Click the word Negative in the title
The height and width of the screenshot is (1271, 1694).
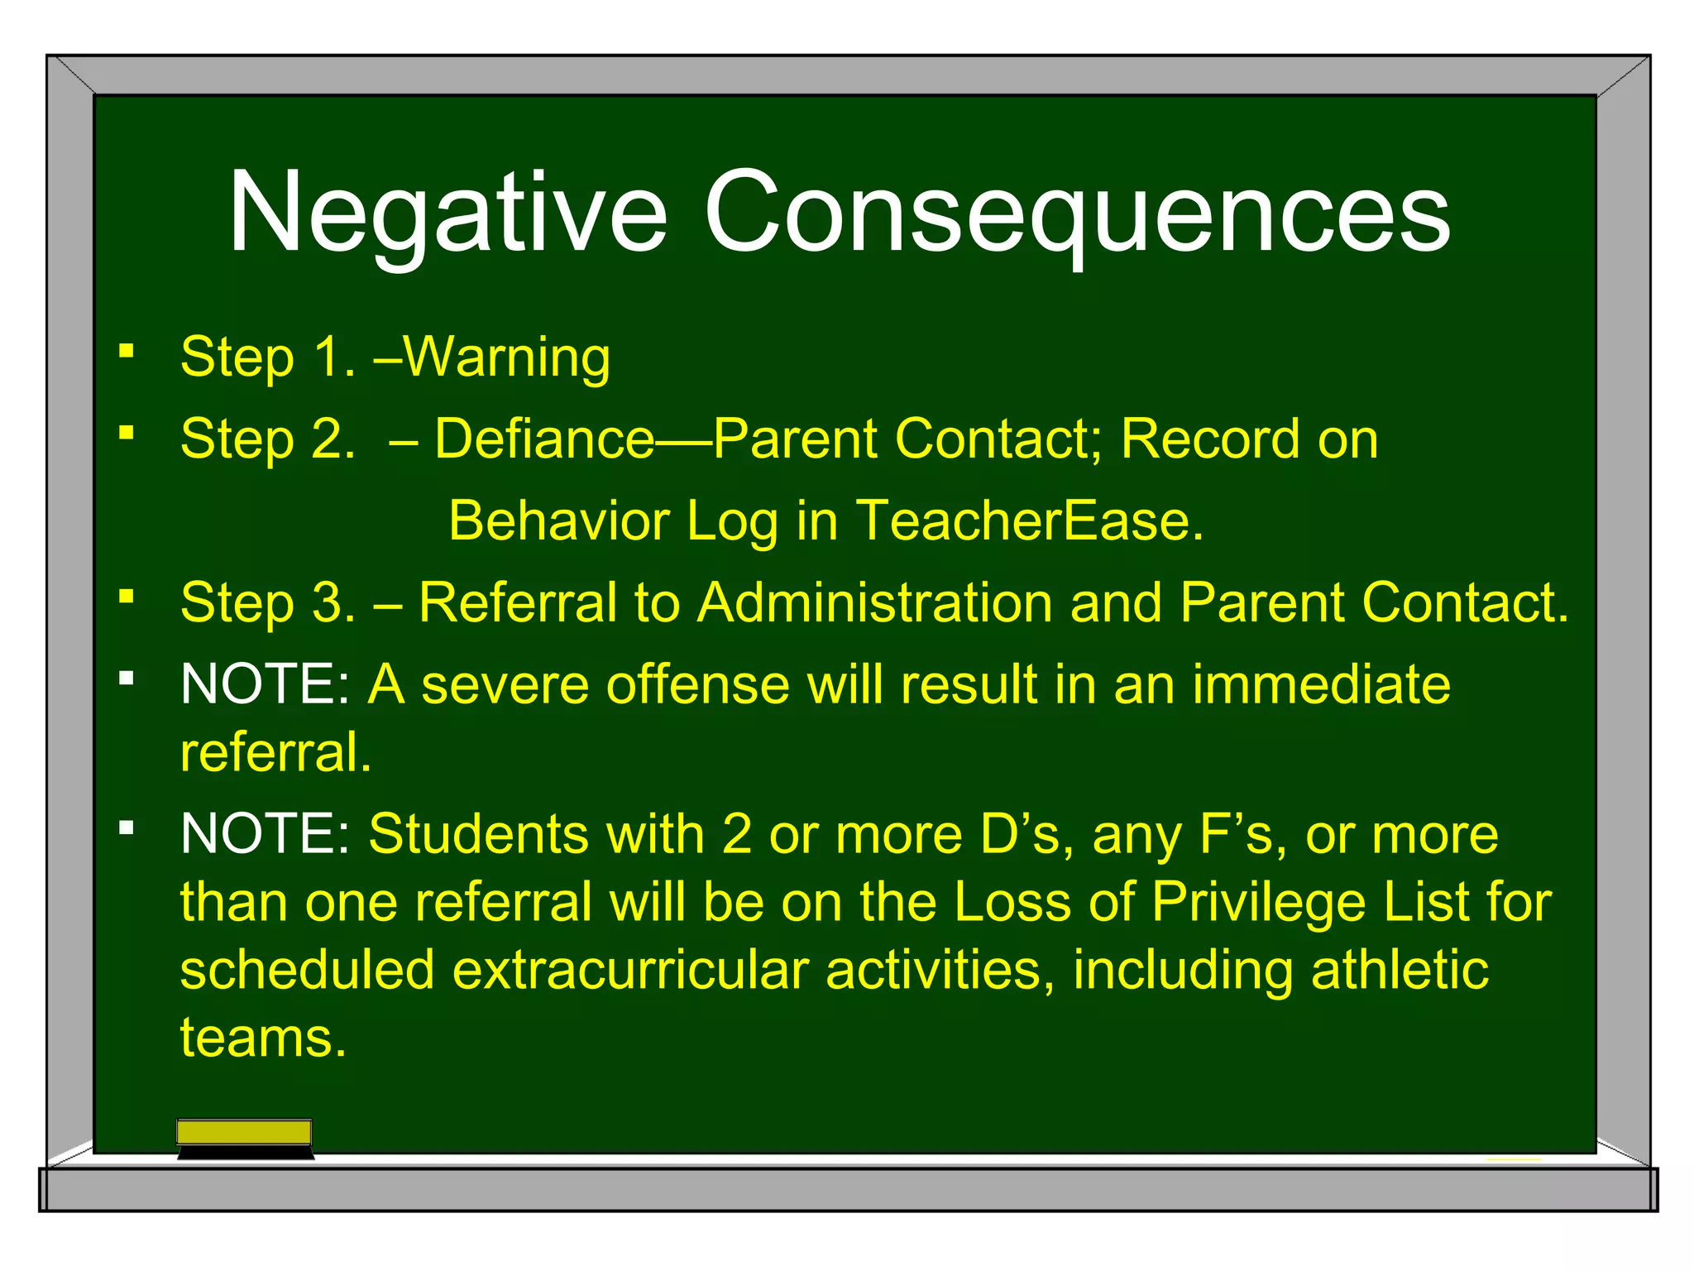(447, 213)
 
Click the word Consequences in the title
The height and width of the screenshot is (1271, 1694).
(1077, 213)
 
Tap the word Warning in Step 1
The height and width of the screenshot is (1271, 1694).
(506, 357)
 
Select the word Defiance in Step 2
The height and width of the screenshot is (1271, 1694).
(544, 439)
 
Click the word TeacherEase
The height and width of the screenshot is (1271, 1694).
(1029, 521)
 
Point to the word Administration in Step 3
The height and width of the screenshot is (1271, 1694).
(874, 602)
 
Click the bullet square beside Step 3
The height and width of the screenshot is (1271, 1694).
(126, 596)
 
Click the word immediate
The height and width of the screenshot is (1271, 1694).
(1321, 685)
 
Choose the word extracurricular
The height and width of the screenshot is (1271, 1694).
(630, 970)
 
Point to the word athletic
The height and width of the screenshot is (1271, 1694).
(1400, 970)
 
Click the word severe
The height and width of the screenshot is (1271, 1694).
(505, 685)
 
